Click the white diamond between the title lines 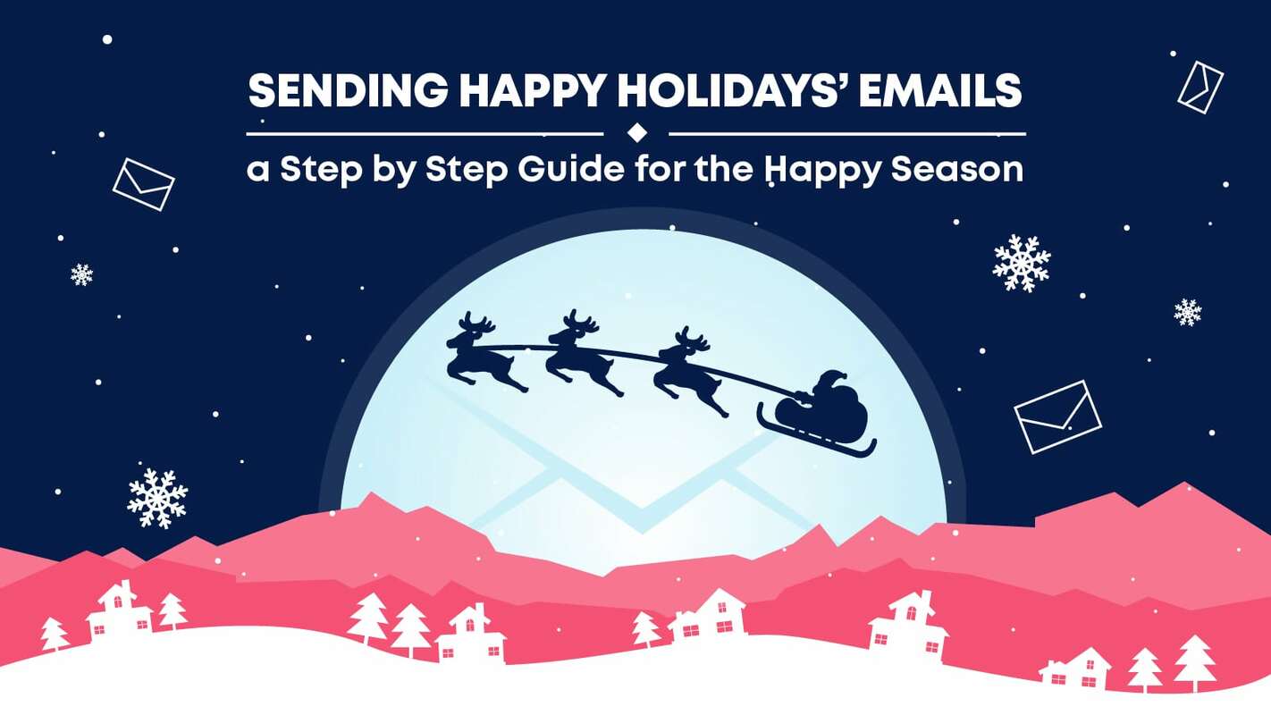click(x=636, y=133)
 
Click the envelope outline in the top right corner click(x=1200, y=87)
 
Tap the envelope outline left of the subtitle click(x=143, y=184)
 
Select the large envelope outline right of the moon click(x=1057, y=416)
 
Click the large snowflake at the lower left click(x=157, y=498)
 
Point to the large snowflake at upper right click(x=1021, y=263)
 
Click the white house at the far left click(x=119, y=613)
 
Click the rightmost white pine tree click(x=1194, y=661)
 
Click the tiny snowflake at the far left click(x=81, y=274)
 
